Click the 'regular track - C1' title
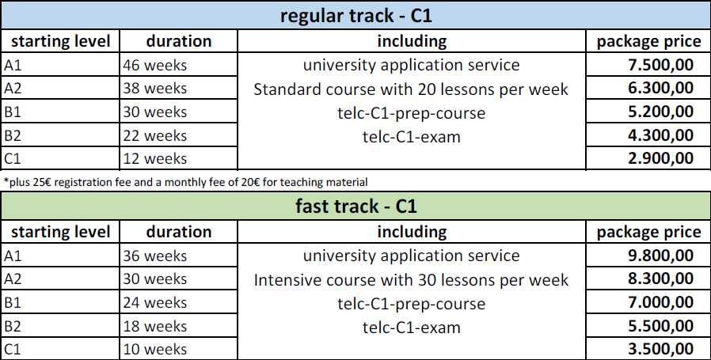click(356, 16)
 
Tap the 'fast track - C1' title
click(356, 207)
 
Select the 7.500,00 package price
click(660, 65)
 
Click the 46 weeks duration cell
click(154, 66)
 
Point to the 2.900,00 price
click(660, 158)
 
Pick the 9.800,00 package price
click(660, 256)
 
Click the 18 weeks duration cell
click(154, 327)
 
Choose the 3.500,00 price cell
click(660, 349)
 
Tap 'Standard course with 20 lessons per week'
click(411, 89)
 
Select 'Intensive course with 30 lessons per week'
click(411, 280)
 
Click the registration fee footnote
click(185, 182)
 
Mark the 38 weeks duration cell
click(154, 88)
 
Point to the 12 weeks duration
click(154, 159)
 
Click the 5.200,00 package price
click(660, 112)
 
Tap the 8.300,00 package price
click(660, 279)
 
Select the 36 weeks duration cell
click(154, 256)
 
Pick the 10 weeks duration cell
click(154, 350)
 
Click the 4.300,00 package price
click(660, 135)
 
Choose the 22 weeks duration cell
click(154, 135)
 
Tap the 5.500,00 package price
click(660, 326)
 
